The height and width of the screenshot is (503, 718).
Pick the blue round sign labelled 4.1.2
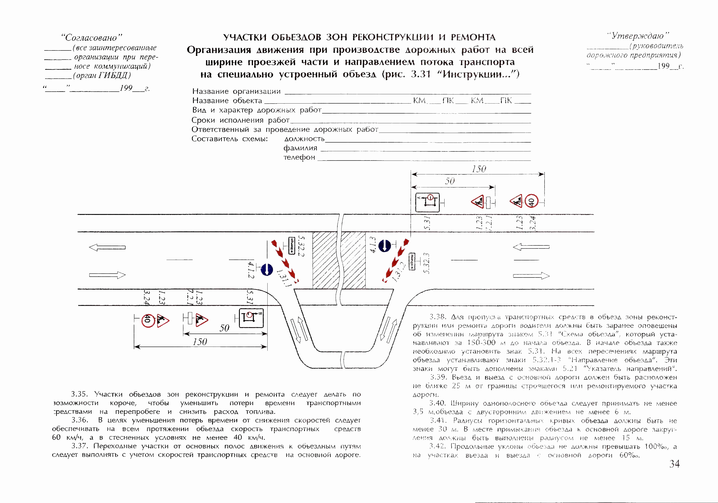point(267,269)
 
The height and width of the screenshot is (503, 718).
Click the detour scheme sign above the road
point(427,203)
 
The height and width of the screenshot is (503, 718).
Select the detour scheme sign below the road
point(251,318)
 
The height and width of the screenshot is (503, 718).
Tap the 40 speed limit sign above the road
point(531,201)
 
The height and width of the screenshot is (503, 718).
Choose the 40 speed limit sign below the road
point(148,320)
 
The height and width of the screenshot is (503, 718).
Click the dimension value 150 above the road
point(479,169)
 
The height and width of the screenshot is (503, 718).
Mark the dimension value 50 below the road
point(224,328)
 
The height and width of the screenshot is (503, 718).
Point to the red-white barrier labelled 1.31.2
point(396,261)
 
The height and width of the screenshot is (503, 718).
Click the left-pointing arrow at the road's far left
point(107,247)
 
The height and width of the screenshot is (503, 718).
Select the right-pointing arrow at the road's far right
point(531,276)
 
